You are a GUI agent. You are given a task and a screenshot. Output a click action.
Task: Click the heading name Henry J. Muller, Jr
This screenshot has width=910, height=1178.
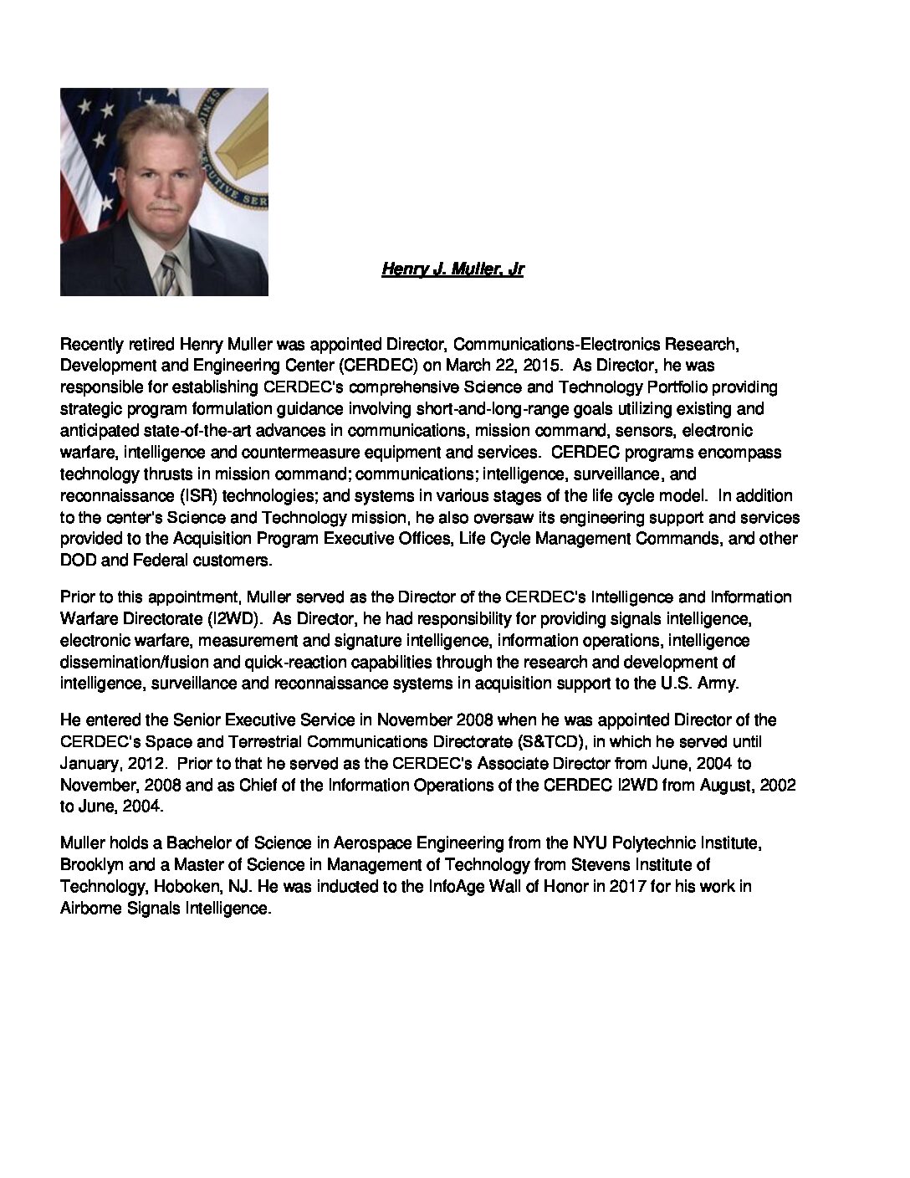point(452,269)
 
